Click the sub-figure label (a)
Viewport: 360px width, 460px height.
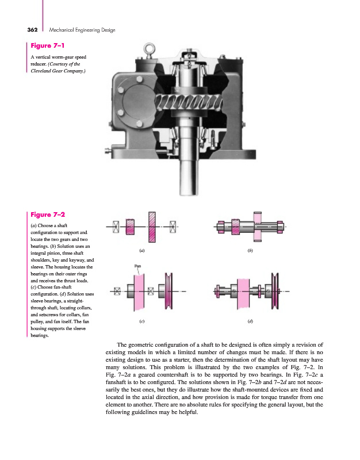click(142, 251)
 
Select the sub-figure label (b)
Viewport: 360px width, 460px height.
click(250, 251)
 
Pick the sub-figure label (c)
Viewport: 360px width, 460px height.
click(141, 321)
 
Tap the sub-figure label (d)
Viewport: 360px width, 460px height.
click(250, 321)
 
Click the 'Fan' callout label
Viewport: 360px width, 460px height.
click(137, 266)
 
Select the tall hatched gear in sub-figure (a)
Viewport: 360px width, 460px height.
click(152, 227)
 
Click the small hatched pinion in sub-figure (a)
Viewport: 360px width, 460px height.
click(130, 227)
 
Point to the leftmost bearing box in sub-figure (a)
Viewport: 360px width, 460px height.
click(116, 227)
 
